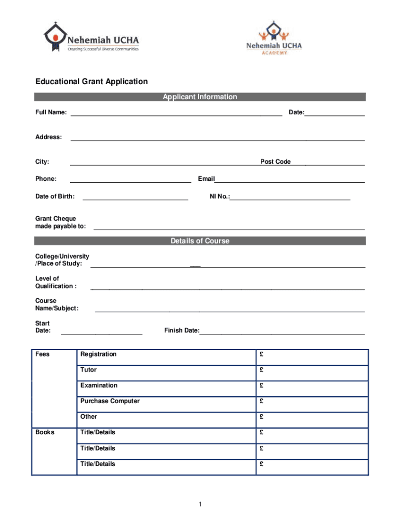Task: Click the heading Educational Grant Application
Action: coord(91,82)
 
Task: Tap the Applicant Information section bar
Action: coord(200,97)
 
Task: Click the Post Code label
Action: coord(275,162)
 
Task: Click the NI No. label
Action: coord(219,197)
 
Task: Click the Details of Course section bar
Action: coord(200,241)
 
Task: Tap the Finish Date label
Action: coord(181,330)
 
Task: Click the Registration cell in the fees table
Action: coord(99,354)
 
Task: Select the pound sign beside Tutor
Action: coord(262,370)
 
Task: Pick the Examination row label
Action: coord(99,385)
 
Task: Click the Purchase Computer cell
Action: coord(110,401)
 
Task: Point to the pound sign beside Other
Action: coord(262,417)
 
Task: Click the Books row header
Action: coord(45,432)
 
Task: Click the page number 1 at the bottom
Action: coord(200,504)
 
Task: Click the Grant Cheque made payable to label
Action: coord(60,222)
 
